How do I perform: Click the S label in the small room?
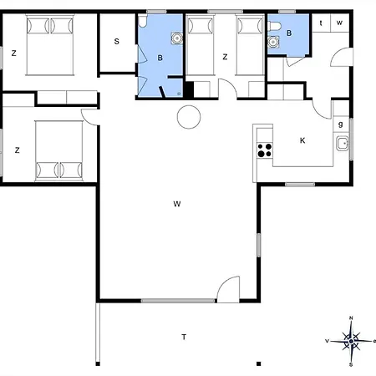point(117,41)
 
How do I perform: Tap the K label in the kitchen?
point(302,140)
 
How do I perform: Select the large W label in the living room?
point(177,203)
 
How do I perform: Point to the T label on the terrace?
point(184,337)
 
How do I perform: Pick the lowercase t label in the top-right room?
point(322,23)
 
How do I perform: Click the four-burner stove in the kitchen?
point(265,150)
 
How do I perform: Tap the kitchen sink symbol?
point(341,144)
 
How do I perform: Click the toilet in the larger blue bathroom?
point(175,37)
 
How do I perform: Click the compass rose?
point(352,340)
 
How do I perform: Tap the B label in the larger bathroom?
point(159,57)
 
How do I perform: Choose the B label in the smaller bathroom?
point(289,33)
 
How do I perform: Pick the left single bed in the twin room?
point(201,46)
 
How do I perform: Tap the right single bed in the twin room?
point(250,46)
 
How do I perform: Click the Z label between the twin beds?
point(225,56)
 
